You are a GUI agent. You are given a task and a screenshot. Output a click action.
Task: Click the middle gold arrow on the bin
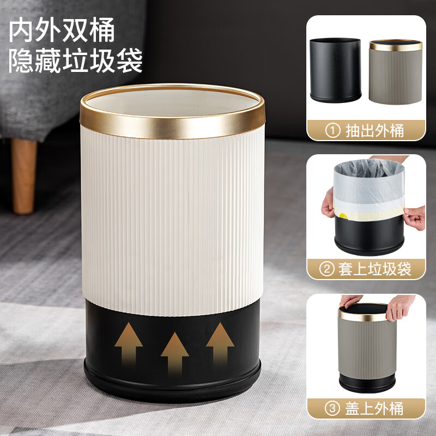[x=174, y=352]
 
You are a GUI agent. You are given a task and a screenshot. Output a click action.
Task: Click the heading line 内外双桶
[x=62, y=31]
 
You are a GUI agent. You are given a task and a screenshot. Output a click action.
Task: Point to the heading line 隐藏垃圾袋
[x=76, y=62]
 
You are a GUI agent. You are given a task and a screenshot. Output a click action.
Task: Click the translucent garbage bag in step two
[x=368, y=183]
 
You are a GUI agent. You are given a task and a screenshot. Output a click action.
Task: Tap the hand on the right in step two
[x=415, y=217]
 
